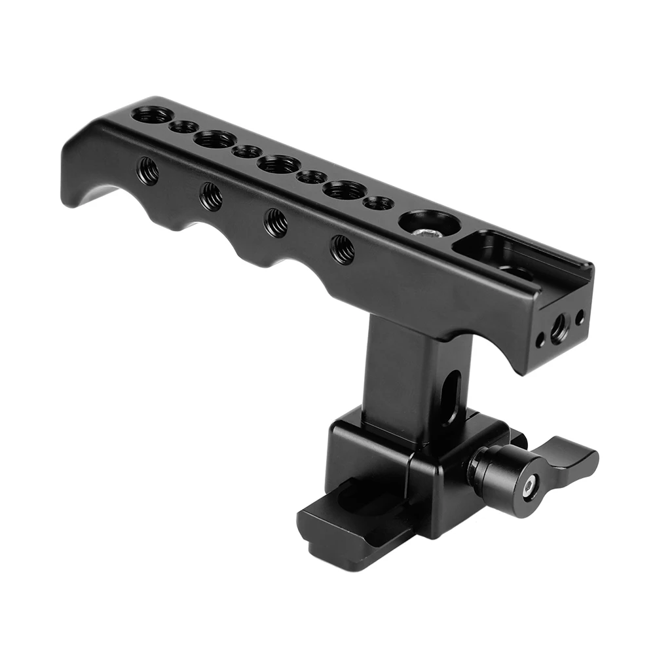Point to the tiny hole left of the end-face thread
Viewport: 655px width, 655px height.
point(540,341)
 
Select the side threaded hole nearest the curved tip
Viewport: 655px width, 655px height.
point(147,171)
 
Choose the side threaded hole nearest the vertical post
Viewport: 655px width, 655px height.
point(343,249)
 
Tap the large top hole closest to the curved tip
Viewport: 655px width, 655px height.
point(152,115)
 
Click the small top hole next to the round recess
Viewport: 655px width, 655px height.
point(378,203)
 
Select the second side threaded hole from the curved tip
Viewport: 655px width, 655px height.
point(211,196)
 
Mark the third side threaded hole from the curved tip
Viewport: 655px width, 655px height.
point(276,222)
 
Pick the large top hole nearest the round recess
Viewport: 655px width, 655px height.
point(345,190)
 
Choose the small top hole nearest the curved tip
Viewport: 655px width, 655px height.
point(184,126)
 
